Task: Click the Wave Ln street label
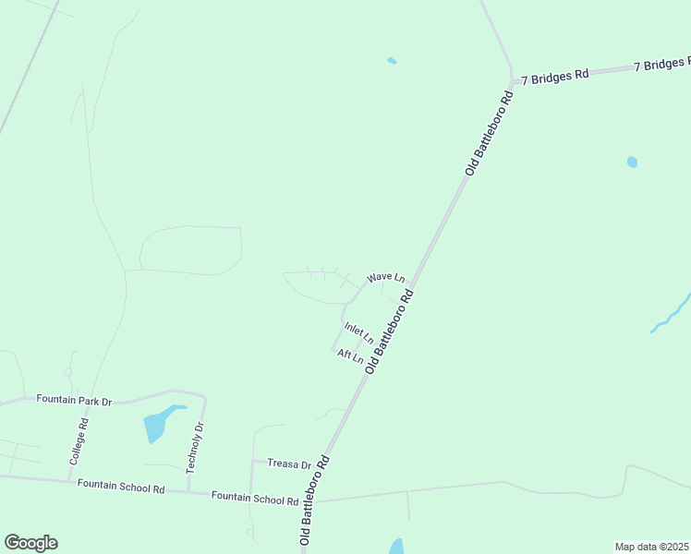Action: pyautogui.click(x=386, y=277)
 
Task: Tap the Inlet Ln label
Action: pyautogui.click(x=358, y=332)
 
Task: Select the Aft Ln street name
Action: pyautogui.click(x=350, y=356)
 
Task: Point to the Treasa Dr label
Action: pyautogui.click(x=289, y=464)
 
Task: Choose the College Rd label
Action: pyautogui.click(x=79, y=441)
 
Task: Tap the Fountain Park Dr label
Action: pyautogui.click(x=74, y=400)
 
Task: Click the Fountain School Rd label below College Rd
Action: pyautogui.click(x=120, y=486)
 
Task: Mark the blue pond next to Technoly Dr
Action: pyautogui.click(x=156, y=425)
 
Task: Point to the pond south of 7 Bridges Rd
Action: pyautogui.click(x=632, y=162)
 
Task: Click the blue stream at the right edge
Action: pyautogui.click(x=672, y=314)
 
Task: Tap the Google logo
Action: pyautogui.click(x=30, y=543)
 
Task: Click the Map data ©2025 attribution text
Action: pyautogui.click(x=652, y=547)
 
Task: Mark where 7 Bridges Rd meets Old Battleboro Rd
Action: pyautogui.click(x=513, y=81)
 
